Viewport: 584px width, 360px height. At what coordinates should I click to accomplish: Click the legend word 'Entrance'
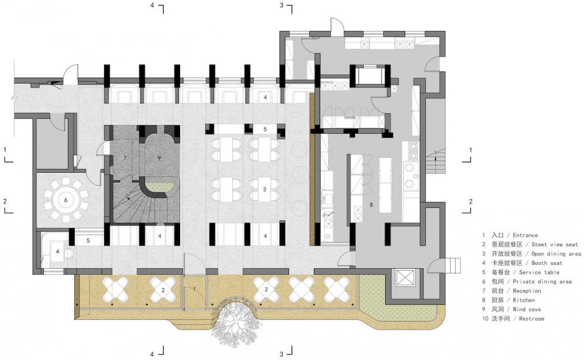pyautogui.click(x=525, y=235)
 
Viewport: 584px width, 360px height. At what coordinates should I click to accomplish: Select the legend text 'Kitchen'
pyautogui.click(x=524, y=300)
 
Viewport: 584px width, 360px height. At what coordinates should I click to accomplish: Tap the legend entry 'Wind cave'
pyautogui.click(x=527, y=310)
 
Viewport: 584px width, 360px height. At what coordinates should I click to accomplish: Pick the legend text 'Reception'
pyautogui.click(x=527, y=291)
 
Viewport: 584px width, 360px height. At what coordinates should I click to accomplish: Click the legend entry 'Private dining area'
pyautogui.click(x=542, y=282)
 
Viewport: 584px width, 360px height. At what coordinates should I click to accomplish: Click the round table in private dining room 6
pyautogui.click(x=66, y=200)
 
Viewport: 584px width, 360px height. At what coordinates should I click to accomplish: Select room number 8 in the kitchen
pyautogui.click(x=371, y=204)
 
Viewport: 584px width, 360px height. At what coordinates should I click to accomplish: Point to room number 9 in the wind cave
pyautogui.click(x=159, y=158)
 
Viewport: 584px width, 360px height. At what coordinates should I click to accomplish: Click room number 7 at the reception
pyautogui.click(x=125, y=158)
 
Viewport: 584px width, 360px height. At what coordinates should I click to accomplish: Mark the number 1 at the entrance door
pyautogui.click(x=194, y=289)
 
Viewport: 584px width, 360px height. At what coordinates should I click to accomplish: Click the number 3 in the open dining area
pyautogui.click(x=265, y=190)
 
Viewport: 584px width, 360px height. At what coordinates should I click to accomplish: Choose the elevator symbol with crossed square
pyautogui.click(x=404, y=278)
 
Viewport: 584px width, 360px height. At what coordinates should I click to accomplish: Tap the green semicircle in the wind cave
pyautogui.click(x=159, y=184)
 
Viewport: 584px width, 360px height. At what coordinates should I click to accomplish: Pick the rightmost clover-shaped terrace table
pyautogui.click(x=336, y=289)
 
